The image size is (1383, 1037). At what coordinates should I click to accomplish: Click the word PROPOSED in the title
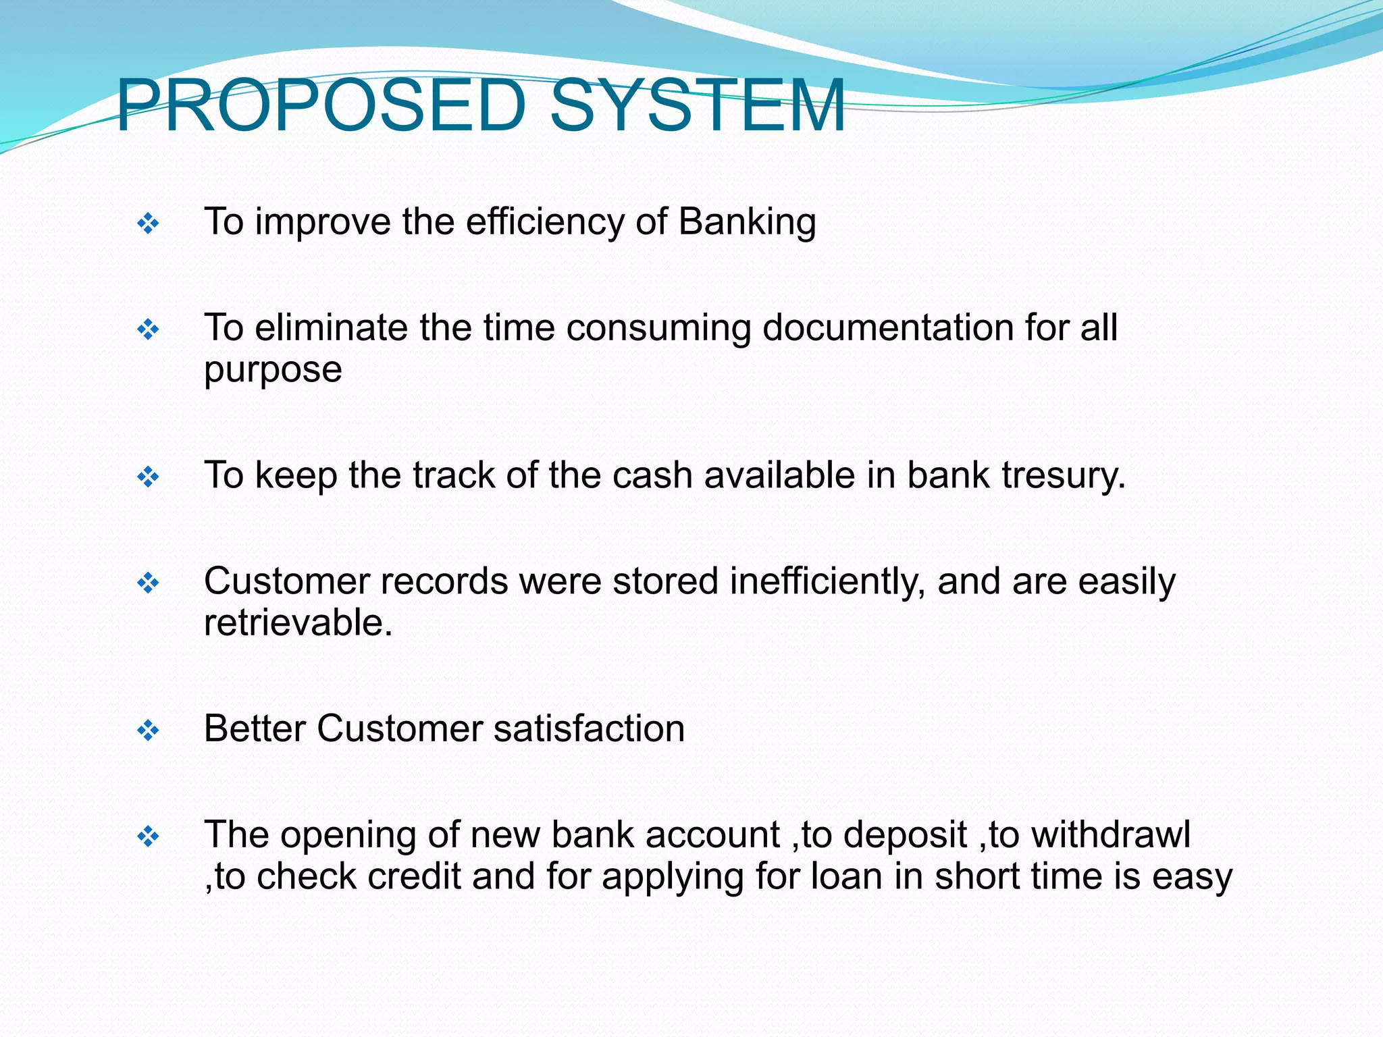[321, 106]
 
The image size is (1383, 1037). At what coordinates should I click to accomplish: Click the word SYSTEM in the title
[697, 106]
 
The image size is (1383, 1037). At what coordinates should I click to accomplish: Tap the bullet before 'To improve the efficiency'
[148, 223]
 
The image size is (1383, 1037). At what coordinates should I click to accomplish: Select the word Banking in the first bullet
[747, 222]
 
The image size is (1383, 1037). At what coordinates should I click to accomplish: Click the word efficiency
[544, 222]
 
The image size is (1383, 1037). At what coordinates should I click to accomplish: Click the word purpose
[273, 370]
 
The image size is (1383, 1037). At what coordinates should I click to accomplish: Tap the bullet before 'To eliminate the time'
[148, 330]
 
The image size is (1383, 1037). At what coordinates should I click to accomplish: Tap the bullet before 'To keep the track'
[148, 478]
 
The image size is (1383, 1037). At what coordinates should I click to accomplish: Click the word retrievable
[298, 622]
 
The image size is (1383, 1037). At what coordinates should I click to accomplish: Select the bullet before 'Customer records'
[148, 583]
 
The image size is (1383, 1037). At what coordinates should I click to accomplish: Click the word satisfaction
[589, 729]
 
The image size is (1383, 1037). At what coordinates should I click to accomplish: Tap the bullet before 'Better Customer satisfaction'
[148, 730]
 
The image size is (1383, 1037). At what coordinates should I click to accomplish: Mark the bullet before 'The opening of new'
[148, 837]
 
